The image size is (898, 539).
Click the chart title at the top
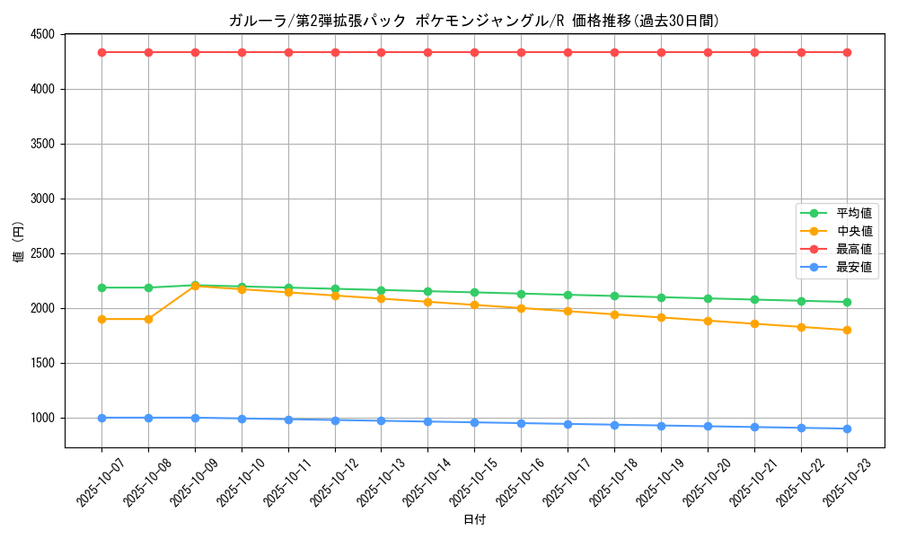[x=473, y=21]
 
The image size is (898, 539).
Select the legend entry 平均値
[x=853, y=213]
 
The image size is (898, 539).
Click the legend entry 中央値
[x=853, y=231]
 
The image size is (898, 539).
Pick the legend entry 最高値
[x=853, y=249]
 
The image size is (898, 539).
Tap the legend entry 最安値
[x=853, y=267]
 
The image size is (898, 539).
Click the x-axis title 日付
[x=474, y=520]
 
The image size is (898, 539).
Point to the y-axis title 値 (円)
[x=19, y=242]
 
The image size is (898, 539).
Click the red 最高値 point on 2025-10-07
[x=101, y=52]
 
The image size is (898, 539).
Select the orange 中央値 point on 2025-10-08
[x=148, y=319]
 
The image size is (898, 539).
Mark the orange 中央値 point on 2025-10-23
[x=847, y=330]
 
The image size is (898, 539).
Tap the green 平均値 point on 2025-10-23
[x=847, y=302]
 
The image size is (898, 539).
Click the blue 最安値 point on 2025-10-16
[x=521, y=423]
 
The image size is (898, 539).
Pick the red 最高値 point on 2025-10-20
[x=708, y=52]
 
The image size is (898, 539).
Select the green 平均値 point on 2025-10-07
[x=101, y=287]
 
